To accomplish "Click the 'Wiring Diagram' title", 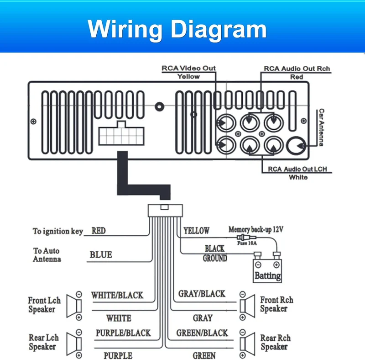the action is coord(177,29).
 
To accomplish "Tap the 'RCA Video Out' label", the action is coord(188,69).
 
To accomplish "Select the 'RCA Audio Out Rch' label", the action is coord(297,69).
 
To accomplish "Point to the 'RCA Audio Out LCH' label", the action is coord(297,169).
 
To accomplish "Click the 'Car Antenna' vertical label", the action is coord(321,127).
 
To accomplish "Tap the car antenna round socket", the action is coord(296,146).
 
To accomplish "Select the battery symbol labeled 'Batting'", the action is coord(267,268).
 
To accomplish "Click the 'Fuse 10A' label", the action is coord(247,243).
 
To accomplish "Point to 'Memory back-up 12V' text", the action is coord(256,230).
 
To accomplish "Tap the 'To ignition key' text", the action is coord(58,231).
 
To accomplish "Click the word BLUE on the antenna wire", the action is coord(101,254).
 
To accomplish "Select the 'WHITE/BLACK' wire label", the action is coord(117,295).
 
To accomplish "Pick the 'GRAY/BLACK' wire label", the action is coord(202,294).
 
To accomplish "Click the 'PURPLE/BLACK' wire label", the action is coord(123,333).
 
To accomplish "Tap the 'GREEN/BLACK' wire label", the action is coord(202,333).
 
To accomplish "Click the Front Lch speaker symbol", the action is coord(74,306).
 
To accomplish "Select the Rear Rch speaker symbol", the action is coord(247,344).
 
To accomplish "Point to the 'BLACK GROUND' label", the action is coord(214,254).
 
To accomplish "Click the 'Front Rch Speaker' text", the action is coord(276,304).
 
